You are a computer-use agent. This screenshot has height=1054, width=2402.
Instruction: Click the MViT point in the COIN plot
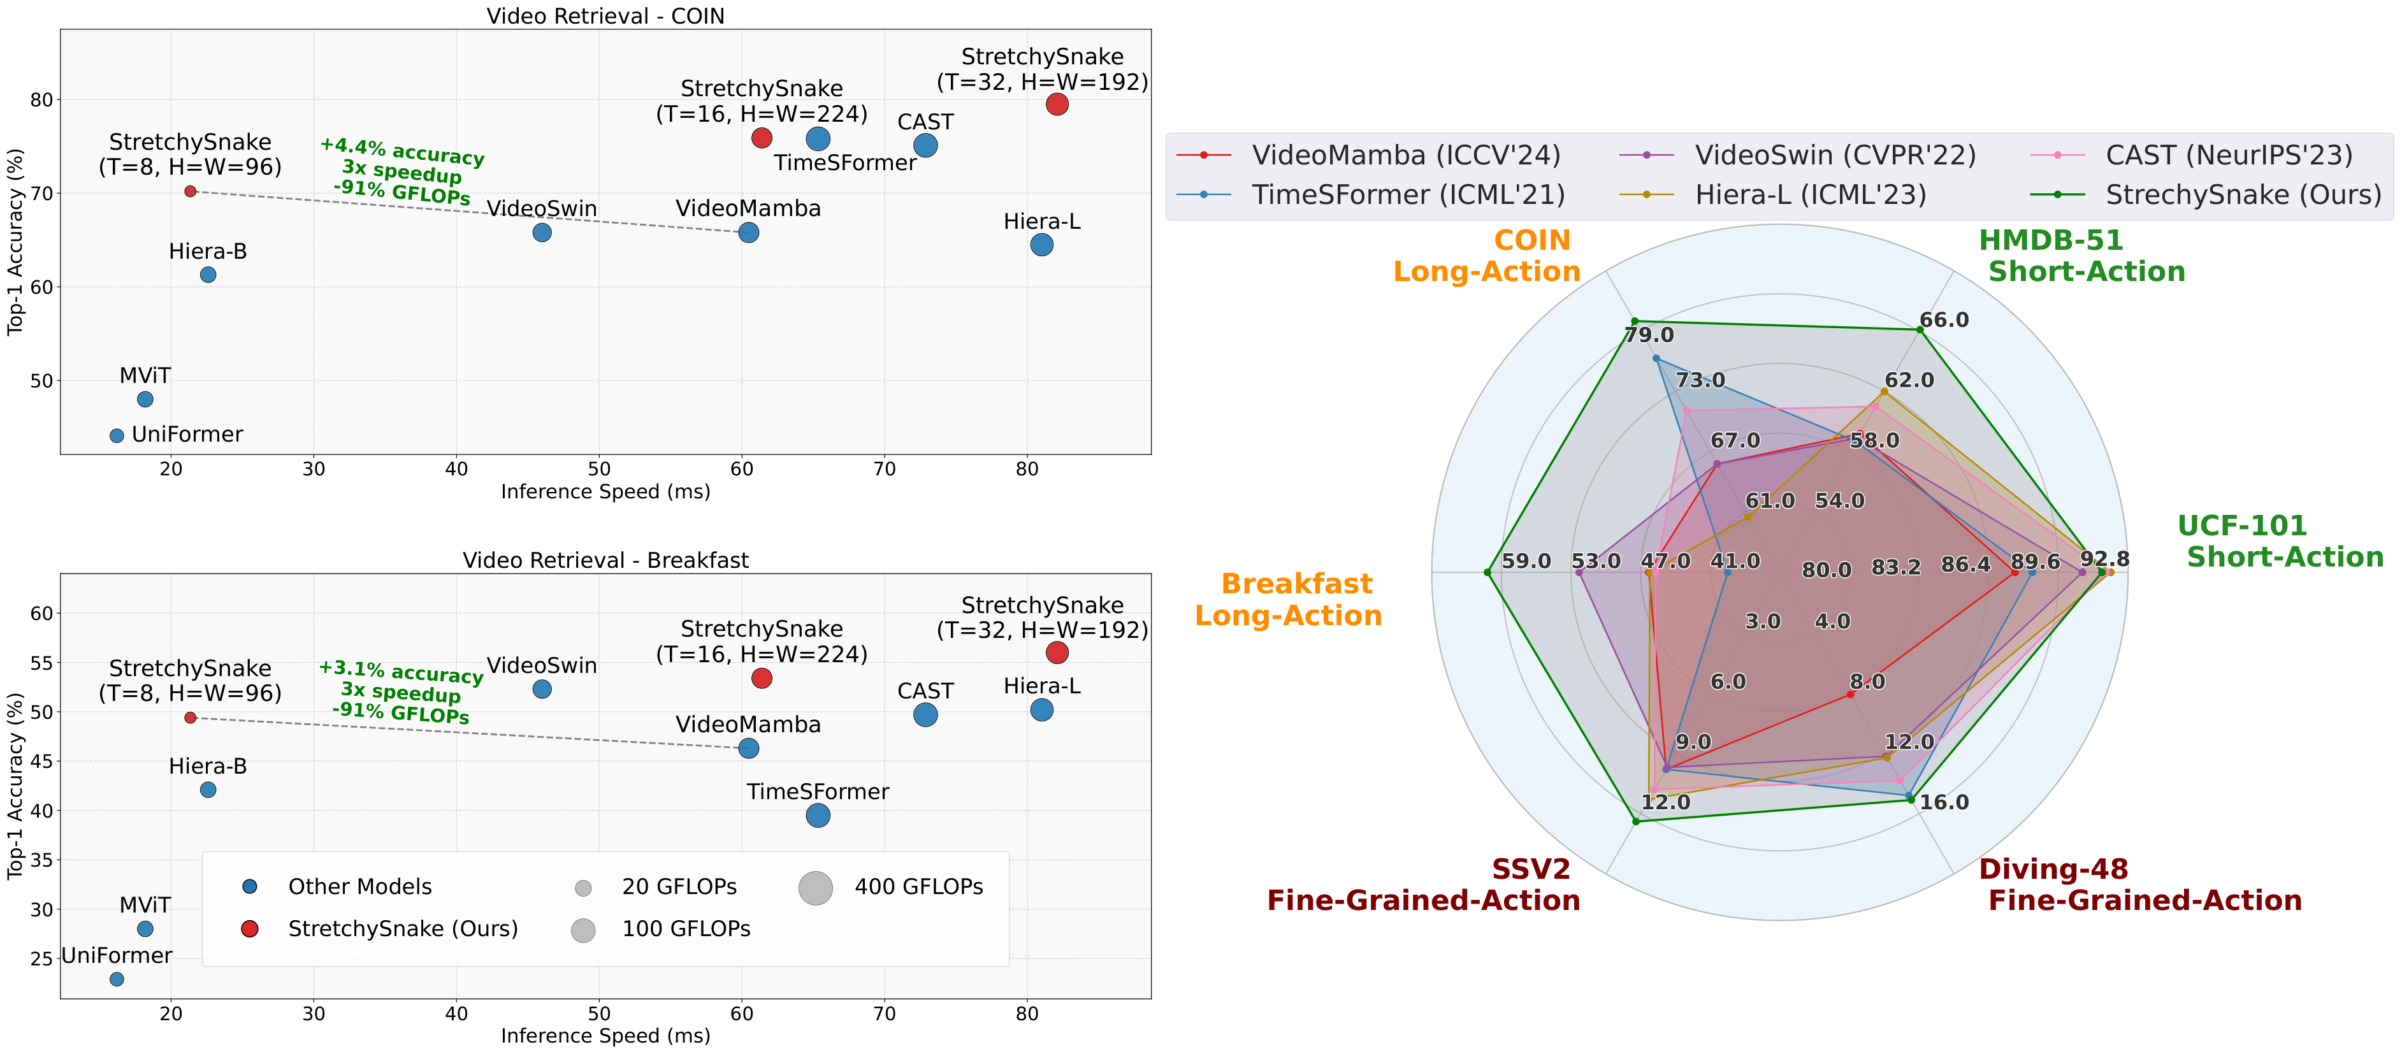145,399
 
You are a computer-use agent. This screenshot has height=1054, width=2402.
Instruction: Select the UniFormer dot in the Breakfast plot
117,979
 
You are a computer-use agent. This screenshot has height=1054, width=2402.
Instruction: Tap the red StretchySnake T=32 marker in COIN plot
1057,105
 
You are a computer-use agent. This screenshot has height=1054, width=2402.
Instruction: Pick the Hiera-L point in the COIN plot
1041,244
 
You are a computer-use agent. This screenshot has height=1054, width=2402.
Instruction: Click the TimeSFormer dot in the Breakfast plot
818,815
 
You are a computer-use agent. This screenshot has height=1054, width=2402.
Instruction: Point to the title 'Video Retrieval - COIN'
605,16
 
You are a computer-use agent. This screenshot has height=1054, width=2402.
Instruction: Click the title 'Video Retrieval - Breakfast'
605,561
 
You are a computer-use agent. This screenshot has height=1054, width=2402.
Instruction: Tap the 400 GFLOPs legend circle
815,887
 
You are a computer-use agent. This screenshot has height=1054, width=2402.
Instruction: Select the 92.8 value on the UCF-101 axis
2104,559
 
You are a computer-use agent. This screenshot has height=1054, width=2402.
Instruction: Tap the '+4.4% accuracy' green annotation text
402,150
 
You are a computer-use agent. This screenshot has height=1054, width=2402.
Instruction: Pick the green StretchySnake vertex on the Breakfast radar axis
1487,572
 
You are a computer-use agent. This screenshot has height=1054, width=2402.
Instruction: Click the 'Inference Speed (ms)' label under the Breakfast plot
605,1036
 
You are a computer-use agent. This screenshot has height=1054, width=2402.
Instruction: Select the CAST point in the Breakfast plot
925,714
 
